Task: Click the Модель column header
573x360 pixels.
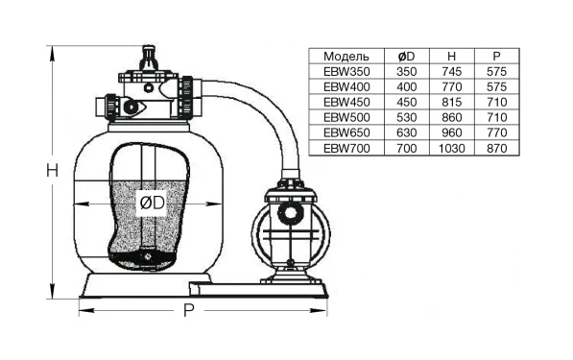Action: (x=346, y=57)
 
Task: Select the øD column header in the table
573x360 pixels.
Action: (x=406, y=57)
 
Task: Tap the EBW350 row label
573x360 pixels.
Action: (x=346, y=72)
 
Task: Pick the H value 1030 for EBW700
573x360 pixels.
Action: (x=452, y=149)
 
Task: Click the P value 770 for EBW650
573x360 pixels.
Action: (x=496, y=132)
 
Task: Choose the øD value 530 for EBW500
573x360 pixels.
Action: (x=406, y=117)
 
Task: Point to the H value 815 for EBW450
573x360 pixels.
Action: (x=452, y=102)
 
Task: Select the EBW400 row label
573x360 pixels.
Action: (x=346, y=87)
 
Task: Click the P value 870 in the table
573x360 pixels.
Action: (x=496, y=149)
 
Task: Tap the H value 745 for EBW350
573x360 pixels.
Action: (x=452, y=72)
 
